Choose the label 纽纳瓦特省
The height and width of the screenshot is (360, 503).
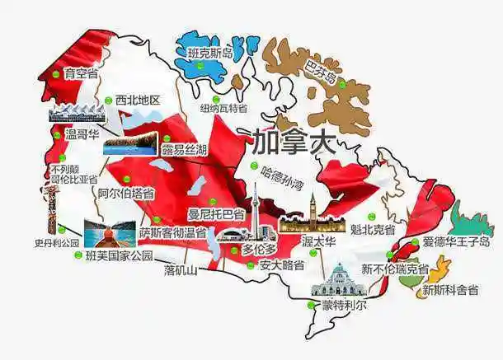tap(223, 108)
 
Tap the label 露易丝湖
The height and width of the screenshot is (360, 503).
tap(184, 149)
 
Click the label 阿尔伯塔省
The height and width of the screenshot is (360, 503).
tap(125, 194)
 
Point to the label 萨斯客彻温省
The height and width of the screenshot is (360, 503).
tap(172, 233)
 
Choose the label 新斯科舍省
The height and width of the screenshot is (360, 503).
tap(450, 290)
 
